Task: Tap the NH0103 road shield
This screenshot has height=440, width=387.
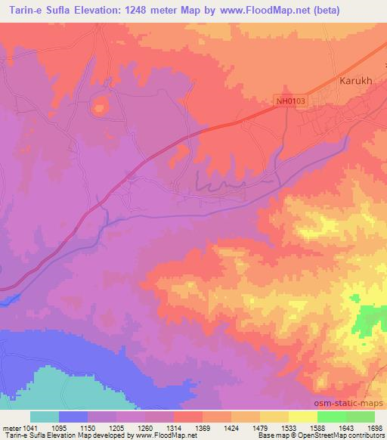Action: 289,100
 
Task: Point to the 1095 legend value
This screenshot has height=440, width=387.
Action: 59,429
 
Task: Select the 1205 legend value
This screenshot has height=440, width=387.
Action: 117,429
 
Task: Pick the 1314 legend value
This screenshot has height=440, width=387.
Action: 174,429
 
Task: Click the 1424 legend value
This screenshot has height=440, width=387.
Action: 231,429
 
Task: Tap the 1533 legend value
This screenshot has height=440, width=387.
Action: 289,429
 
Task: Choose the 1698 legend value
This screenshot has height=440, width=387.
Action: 374,429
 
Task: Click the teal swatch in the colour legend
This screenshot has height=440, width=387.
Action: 45,417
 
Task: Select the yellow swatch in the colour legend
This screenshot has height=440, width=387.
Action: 303,417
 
